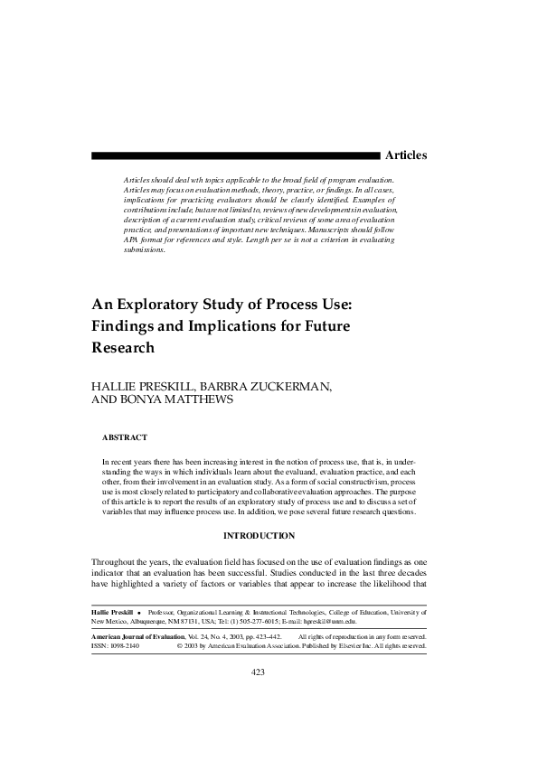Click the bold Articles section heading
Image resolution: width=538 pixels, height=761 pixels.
point(405,156)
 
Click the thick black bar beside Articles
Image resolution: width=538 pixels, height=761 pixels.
point(235,155)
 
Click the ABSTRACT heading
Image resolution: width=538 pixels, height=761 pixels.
point(125,437)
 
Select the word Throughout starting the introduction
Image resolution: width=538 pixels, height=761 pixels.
point(116,561)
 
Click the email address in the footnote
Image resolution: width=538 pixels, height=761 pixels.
point(325,622)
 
